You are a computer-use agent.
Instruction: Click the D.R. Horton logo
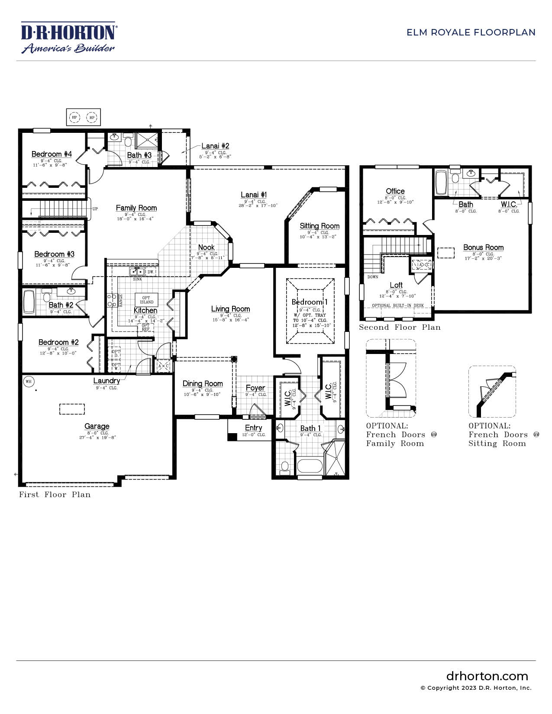pos(68,38)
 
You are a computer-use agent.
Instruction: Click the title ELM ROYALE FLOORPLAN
pos(471,32)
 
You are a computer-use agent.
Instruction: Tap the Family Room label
pos(136,208)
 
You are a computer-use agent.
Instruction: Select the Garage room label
pos(97,426)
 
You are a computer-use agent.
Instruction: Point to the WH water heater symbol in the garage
pos(29,381)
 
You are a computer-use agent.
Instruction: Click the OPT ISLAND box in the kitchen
pos(146,299)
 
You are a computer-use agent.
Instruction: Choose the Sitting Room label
pos(320,226)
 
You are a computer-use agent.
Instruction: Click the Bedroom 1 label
pos(310,302)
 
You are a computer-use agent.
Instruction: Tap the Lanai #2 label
pos(215,146)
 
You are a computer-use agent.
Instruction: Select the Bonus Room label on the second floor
pos(483,248)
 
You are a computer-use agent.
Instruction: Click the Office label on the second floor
pos(395,191)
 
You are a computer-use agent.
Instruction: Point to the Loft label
pos(396,285)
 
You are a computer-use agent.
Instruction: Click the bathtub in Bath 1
pos(310,467)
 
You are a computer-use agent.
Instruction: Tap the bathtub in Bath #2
pos(29,301)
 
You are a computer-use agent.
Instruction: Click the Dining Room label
pos(203,383)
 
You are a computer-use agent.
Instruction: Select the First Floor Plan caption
pos(55,495)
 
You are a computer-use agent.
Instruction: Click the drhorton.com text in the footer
pos(487,676)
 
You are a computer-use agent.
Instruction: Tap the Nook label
pos(207,248)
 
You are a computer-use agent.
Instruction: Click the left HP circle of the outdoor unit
pos(74,117)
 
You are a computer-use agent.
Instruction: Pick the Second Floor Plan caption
pos(400,328)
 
